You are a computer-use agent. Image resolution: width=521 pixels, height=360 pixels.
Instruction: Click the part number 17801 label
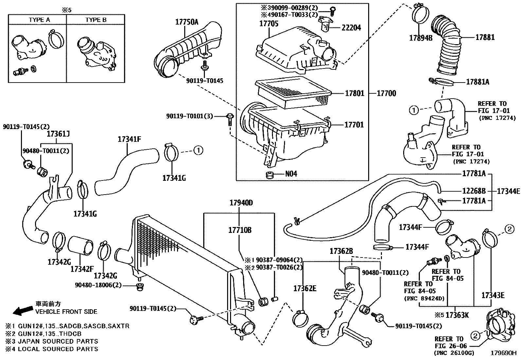pos(354,93)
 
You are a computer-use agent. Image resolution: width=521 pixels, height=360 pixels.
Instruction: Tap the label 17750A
pos(187,22)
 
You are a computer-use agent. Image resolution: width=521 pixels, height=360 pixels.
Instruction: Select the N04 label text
pos(291,174)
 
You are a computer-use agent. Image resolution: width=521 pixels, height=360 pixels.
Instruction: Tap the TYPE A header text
pos(39,20)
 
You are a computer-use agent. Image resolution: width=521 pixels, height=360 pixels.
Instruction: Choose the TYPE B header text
pos(96,20)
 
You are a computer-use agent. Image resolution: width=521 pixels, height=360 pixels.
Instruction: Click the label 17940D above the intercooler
pos(241,203)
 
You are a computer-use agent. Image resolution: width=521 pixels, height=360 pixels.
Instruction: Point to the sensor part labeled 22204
pos(324,25)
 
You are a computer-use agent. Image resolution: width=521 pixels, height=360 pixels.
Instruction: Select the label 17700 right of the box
pos(386,93)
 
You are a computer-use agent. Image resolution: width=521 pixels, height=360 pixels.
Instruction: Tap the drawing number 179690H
pos(503,353)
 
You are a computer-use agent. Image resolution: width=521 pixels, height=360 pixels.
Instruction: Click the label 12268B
pos(474,191)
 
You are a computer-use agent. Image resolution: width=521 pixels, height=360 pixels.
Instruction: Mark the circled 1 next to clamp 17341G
pos(198,150)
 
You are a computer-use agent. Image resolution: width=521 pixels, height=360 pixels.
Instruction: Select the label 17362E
pos(305,288)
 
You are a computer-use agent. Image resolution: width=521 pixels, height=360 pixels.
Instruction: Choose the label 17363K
pos(457,315)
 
